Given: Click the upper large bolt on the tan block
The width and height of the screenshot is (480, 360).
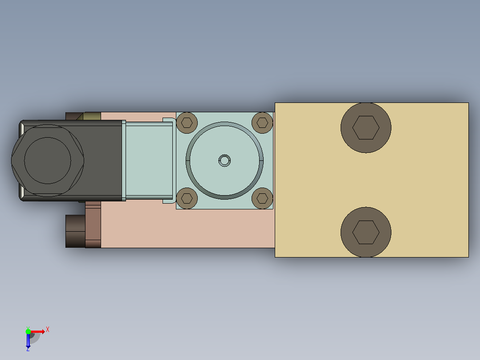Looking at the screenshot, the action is click(x=366, y=128).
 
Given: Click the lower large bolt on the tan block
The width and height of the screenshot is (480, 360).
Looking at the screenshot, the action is click(x=366, y=232).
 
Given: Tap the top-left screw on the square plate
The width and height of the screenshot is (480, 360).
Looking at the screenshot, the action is click(x=187, y=123).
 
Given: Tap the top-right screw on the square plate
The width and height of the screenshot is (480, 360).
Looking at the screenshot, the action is click(x=262, y=123).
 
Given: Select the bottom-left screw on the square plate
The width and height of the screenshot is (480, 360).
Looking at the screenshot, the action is click(x=187, y=199).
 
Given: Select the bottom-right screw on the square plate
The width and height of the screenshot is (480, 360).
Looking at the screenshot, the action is click(x=262, y=199).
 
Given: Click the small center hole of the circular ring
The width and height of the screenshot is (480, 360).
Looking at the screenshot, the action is click(x=225, y=160).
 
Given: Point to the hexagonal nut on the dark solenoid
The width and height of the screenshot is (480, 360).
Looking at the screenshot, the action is click(x=48, y=160).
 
